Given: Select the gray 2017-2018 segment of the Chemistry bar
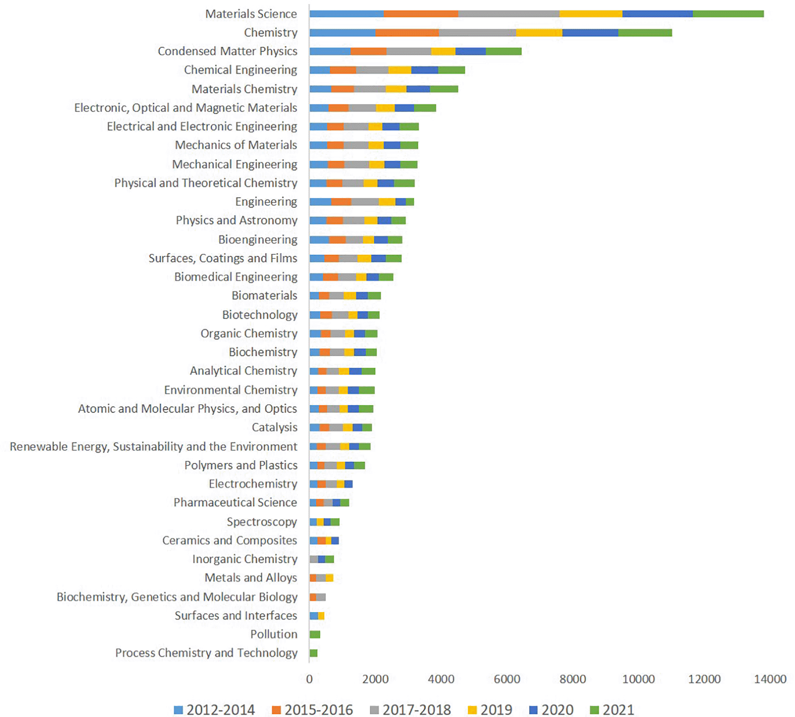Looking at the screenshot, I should coord(477,32).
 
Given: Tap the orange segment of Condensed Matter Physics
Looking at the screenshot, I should coord(368,51).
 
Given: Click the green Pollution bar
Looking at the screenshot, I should coord(315,634).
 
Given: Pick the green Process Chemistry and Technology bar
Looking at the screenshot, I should coord(313,653).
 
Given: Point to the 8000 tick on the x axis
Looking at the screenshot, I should coord(572,679).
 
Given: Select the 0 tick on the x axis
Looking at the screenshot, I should coord(310,679).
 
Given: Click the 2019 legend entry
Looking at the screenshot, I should coord(490,710).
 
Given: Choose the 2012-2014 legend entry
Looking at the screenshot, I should coord(214,710).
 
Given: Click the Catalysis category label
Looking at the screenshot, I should coord(274,427).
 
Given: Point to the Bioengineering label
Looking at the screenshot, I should coord(258,239).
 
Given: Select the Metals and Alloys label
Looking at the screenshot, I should coord(251,578).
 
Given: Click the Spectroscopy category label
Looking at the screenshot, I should coord(262,522).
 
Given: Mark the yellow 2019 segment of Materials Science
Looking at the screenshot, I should coord(590,14).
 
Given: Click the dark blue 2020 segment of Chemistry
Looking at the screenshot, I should coord(590,32).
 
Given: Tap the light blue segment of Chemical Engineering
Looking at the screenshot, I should coord(320,70).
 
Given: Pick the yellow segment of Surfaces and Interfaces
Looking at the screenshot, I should coord(321,616).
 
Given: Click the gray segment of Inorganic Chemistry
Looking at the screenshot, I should coord(314,559).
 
